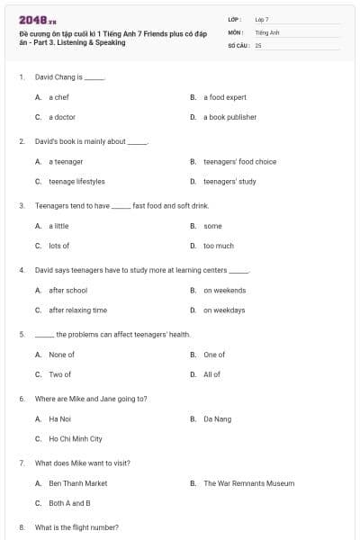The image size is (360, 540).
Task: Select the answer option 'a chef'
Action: (58, 97)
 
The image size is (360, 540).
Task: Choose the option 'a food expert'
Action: (224, 97)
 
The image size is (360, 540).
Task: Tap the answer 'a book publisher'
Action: (229, 117)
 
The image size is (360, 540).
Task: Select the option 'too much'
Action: (219, 246)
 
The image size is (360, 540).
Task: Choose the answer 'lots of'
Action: (59, 246)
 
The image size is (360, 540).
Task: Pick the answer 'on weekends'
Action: (224, 291)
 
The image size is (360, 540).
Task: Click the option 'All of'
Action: (211, 374)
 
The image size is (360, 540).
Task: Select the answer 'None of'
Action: (61, 355)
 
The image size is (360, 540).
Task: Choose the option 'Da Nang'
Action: (217, 418)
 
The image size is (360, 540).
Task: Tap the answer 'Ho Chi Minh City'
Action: (76, 439)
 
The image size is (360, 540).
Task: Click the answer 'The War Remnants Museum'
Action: (248, 483)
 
